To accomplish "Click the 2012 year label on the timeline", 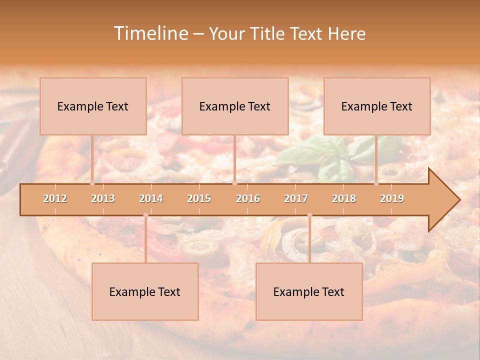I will (55, 198).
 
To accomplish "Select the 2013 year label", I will (103, 198).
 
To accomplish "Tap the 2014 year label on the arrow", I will (151, 198).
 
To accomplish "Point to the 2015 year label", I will (199, 198).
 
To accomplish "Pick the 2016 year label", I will (248, 198).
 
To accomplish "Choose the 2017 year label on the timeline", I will (296, 198).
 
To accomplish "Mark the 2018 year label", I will (344, 198).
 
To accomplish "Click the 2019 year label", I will (392, 198).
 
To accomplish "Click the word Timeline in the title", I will (150, 33).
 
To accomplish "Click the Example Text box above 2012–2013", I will (93, 106).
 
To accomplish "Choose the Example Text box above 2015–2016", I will (235, 106).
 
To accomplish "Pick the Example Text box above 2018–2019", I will (377, 106).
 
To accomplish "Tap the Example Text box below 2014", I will (145, 291).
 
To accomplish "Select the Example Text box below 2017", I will (309, 291).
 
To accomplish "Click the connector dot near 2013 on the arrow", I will (92, 183).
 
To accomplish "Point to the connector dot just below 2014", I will (145, 215).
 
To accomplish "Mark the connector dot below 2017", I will (309, 215).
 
